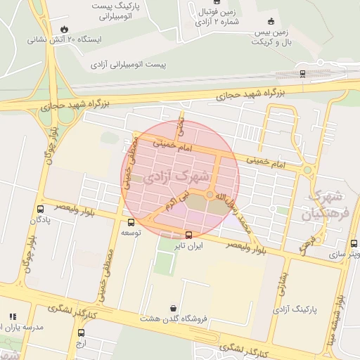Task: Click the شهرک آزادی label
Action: [176, 176]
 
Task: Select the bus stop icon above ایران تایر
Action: [188, 235]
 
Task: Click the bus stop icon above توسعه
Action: [131, 222]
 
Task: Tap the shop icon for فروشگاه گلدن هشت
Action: [174, 308]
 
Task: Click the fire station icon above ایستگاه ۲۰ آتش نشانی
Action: [65, 29]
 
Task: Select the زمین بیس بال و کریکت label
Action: [271, 37]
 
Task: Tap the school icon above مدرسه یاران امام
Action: [12, 317]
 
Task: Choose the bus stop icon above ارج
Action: [81, 333]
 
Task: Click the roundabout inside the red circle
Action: [210, 195]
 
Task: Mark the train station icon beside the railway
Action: [302, 72]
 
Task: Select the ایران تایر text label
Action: [188, 247]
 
